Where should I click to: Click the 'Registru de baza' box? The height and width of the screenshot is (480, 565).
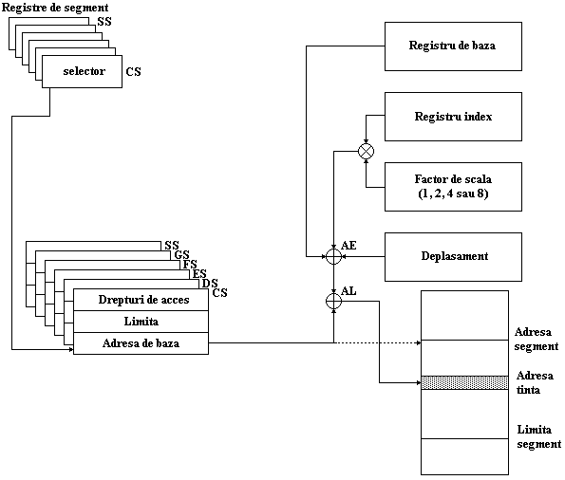click(x=453, y=46)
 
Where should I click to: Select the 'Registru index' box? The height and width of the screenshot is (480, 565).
click(x=453, y=117)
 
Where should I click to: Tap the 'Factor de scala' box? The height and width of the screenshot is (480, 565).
click(x=453, y=187)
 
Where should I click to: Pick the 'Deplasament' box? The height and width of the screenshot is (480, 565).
click(x=453, y=257)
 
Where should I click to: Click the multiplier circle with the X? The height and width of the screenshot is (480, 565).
click(x=367, y=151)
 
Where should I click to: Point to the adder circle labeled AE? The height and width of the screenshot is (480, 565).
click(x=333, y=257)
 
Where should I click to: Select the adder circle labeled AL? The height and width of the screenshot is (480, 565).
click(x=333, y=301)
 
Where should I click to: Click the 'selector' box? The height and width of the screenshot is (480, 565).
click(x=83, y=71)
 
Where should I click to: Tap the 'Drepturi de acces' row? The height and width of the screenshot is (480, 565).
click(x=141, y=300)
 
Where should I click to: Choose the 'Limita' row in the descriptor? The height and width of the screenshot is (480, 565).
click(x=141, y=322)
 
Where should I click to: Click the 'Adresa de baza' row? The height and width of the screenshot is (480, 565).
click(x=141, y=343)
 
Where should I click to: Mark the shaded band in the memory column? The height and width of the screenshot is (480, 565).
click(x=465, y=383)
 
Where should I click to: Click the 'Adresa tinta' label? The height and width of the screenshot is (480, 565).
click(x=535, y=383)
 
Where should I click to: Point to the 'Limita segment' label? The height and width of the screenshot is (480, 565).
click(x=539, y=436)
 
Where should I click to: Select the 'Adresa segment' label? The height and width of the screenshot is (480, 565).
click(x=537, y=339)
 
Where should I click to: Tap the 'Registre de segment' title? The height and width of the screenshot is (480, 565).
click(x=55, y=8)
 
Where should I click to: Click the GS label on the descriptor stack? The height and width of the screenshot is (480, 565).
click(x=181, y=255)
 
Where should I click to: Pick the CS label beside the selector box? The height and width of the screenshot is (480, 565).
click(x=133, y=72)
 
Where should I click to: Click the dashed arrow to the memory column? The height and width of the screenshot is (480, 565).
click(x=378, y=342)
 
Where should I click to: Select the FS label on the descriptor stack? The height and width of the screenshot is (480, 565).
click(x=190, y=265)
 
